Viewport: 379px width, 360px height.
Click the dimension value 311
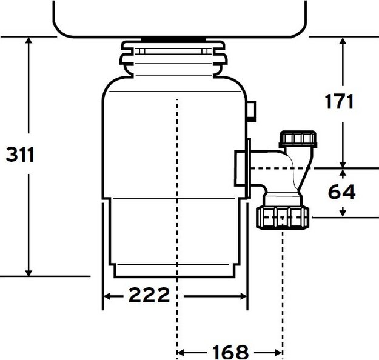21,155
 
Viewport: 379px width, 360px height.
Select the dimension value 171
338,101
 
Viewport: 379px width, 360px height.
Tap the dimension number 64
342,192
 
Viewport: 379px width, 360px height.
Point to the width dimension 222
148,296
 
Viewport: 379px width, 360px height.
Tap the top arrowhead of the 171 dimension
343,41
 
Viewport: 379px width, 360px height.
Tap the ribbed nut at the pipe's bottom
284,216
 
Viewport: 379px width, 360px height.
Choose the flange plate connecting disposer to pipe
249,167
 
